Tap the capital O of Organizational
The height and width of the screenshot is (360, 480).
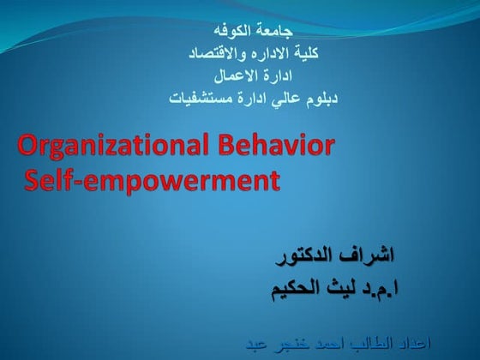pos(27,147)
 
